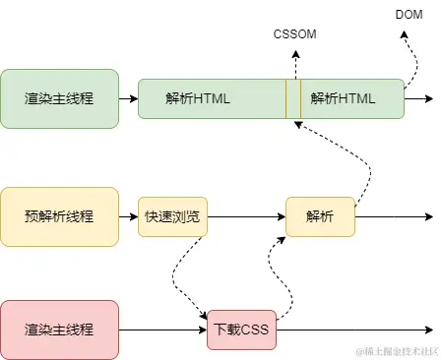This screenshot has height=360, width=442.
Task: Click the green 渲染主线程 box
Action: tap(59, 98)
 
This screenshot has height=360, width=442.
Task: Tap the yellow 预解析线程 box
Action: tap(59, 216)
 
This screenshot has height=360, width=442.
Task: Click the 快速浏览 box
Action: tap(172, 216)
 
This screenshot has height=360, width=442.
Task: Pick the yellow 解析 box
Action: tap(320, 216)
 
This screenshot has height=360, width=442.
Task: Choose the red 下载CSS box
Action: tap(241, 330)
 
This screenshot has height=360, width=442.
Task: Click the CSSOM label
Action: tap(295, 35)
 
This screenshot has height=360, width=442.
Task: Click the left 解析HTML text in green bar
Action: tap(198, 98)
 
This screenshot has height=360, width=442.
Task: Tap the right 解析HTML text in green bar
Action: tap(343, 98)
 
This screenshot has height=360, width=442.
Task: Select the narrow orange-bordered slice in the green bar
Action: tap(293, 98)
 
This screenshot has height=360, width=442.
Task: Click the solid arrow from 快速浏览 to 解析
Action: tap(246, 216)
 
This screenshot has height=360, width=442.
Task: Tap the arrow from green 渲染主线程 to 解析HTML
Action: tap(127, 98)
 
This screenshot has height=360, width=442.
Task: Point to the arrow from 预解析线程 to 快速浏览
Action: tap(127, 216)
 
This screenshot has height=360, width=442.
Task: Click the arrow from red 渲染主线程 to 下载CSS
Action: tap(162, 330)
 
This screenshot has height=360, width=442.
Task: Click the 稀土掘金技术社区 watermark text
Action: tap(396, 351)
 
